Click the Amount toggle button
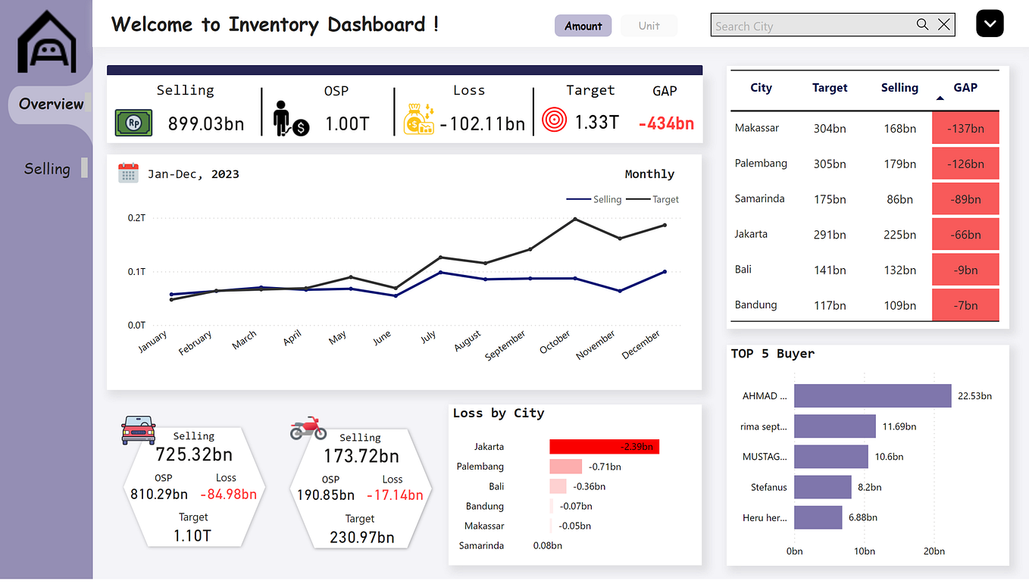[583, 26]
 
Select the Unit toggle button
[649, 26]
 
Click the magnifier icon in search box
[922, 24]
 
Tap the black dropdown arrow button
[990, 23]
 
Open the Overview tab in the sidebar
[51, 104]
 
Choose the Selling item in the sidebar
[47, 169]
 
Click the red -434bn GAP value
[666, 123]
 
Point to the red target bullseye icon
[555, 120]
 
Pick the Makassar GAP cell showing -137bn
[965, 128]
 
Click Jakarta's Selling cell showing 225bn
[899, 234]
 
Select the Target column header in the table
[830, 88]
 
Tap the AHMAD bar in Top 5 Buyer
[872, 396]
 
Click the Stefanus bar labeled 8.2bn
[822, 487]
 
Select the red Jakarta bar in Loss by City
[604, 447]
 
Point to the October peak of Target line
[575, 219]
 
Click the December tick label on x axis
[642, 345]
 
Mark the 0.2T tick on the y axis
[136, 218]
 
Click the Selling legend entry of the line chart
[595, 199]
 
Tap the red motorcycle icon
[308, 428]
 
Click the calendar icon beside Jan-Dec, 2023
[128, 173]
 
